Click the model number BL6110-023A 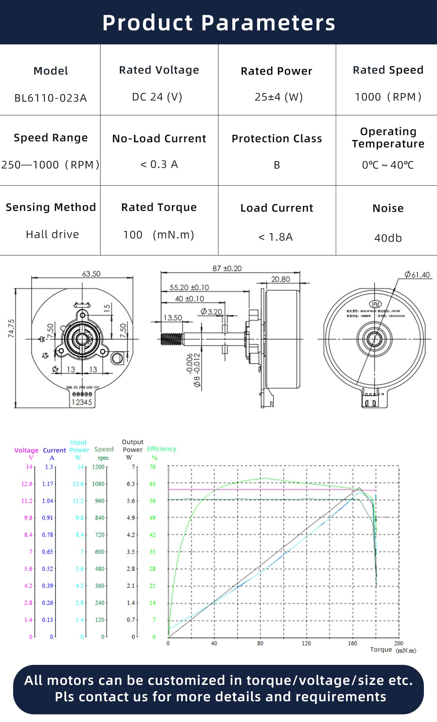(x=51, y=98)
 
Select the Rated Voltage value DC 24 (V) (x=157, y=97)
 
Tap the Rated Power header (x=276, y=71)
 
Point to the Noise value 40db (x=388, y=238)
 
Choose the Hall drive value (x=52, y=234)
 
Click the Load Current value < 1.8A (x=275, y=237)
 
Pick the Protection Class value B (x=277, y=165)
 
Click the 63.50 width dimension (x=91, y=274)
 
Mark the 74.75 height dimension (x=11, y=328)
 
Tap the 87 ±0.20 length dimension (x=227, y=269)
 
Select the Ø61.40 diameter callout (x=417, y=275)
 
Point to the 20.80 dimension (x=280, y=279)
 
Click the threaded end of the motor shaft (x=171, y=339)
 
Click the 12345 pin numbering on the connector (x=82, y=402)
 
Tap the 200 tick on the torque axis (x=398, y=643)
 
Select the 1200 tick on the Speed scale (x=98, y=467)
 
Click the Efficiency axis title (x=161, y=449)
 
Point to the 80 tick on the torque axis (x=260, y=643)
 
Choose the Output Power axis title (x=133, y=446)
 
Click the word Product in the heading (x=147, y=23)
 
